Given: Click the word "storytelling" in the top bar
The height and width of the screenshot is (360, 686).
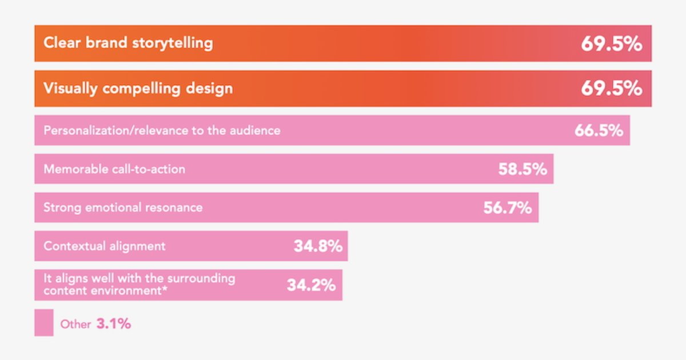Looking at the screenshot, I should coord(173,43).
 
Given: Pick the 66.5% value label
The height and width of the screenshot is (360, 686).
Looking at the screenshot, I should coord(598,130).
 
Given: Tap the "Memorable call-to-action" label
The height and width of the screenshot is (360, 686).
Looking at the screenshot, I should coord(114,169).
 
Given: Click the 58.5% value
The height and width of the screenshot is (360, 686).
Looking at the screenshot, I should coord(523,169).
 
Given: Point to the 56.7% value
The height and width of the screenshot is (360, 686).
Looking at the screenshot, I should coord(508,208).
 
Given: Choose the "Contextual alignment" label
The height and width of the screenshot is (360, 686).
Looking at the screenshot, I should coord(105,246).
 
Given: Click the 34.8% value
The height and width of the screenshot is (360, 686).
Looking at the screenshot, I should coord(318,246).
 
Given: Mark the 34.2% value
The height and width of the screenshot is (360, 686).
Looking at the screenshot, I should coord(311,285).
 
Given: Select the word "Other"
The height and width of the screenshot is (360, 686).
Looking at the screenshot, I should coord(75,325).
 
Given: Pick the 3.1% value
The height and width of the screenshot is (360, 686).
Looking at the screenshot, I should coord(114,324).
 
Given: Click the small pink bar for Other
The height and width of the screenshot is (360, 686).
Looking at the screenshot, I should coord(43,323).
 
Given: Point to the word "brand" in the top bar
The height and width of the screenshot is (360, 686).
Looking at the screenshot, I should coord(106,43).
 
